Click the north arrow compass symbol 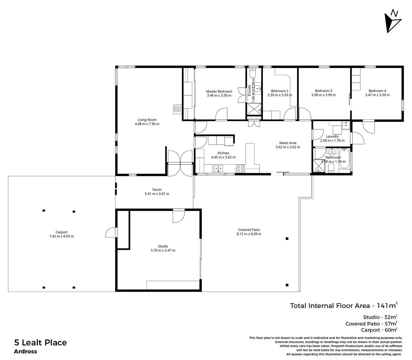[392, 21]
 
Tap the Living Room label [147, 120]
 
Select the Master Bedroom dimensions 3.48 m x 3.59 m [219, 95]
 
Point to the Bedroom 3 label [323, 91]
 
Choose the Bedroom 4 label [377, 91]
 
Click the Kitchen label [223, 153]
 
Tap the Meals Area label [288, 143]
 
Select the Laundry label [332, 136]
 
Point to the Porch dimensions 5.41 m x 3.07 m [156, 194]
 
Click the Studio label [163, 246]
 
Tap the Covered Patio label [249, 230]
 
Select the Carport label [61, 232]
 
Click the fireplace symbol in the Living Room [177, 109]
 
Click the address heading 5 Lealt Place [40, 342]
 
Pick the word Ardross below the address [25, 351]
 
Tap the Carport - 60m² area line [379, 330]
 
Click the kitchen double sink [219, 169]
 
